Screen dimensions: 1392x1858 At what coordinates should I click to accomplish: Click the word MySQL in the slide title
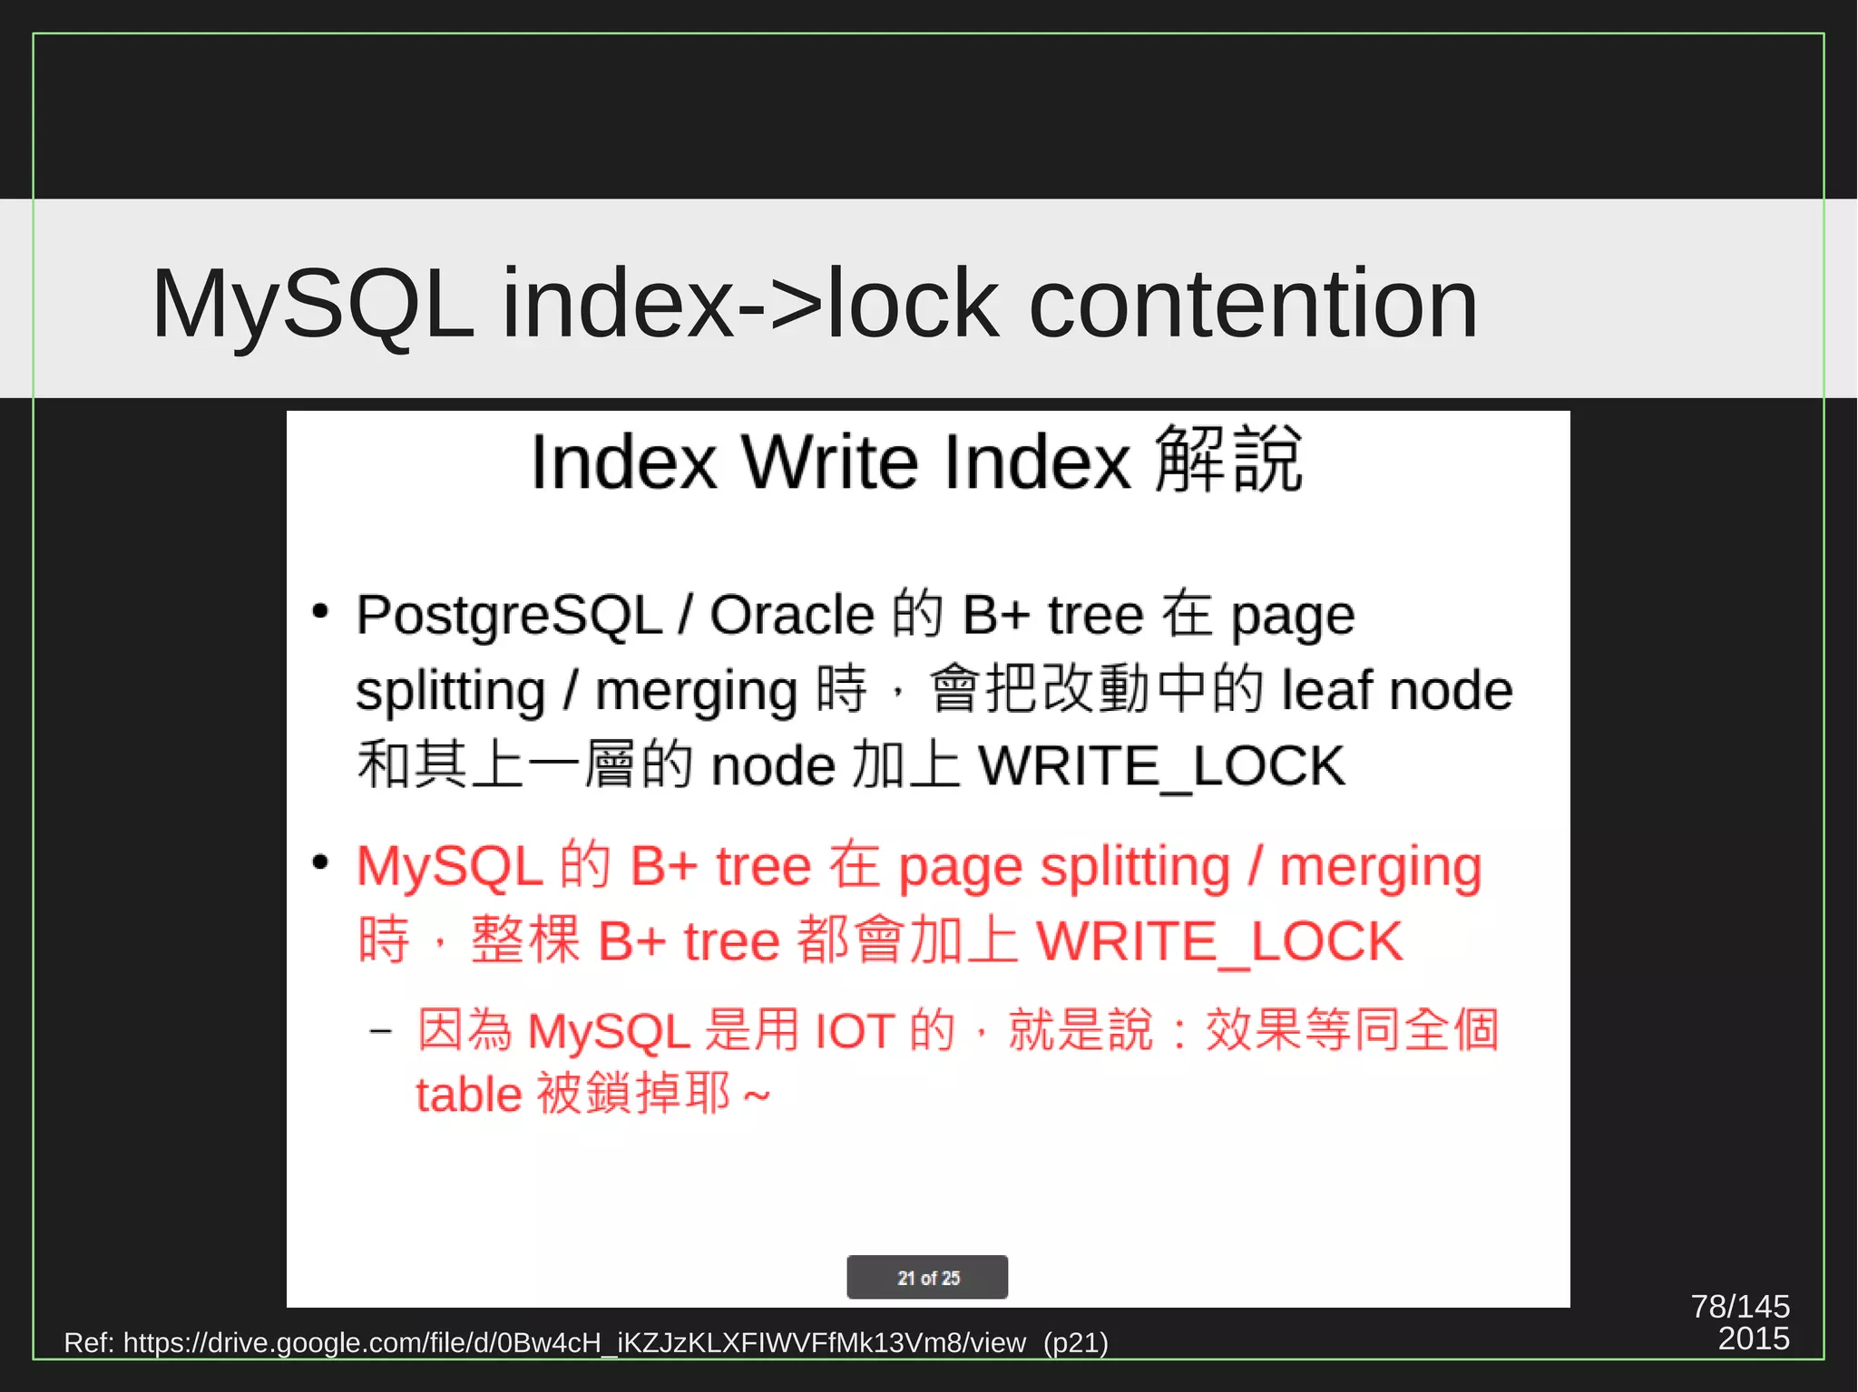[x=311, y=304]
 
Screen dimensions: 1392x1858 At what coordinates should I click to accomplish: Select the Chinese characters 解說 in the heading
[x=1229, y=461]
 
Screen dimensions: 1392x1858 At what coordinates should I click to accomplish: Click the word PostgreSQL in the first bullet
[x=508, y=615]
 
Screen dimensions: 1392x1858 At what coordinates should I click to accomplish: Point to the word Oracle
[x=791, y=615]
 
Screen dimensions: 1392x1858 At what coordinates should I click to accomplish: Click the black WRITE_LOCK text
[x=1161, y=766]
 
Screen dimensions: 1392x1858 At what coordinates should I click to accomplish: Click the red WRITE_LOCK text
[x=1219, y=941]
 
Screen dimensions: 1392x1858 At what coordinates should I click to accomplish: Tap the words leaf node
[x=1397, y=691]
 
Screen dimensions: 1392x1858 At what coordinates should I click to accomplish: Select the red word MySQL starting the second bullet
[x=449, y=866]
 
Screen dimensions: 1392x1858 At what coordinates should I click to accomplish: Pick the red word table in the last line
[x=468, y=1095]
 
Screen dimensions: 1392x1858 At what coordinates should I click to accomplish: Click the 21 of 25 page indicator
[x=927, y=1278]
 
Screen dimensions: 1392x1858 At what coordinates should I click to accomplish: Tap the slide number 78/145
[x=1739, y=1307]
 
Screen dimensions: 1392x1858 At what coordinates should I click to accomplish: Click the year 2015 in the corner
[x=1753, y=1339]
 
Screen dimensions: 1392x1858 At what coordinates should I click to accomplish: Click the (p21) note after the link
[x=1075, y=1343]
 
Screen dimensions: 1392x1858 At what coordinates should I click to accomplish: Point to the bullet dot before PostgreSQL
[x=319, y=611]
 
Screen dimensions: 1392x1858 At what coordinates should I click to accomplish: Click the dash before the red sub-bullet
[x=381, y=1031]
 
